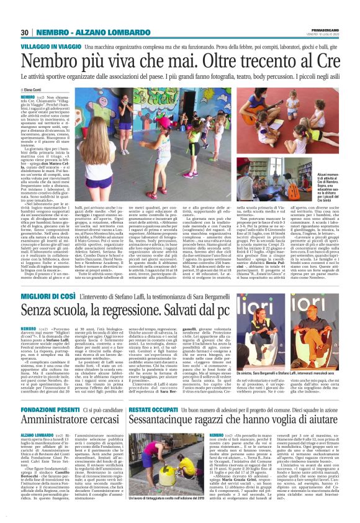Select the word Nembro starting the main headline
coord(56,61)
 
